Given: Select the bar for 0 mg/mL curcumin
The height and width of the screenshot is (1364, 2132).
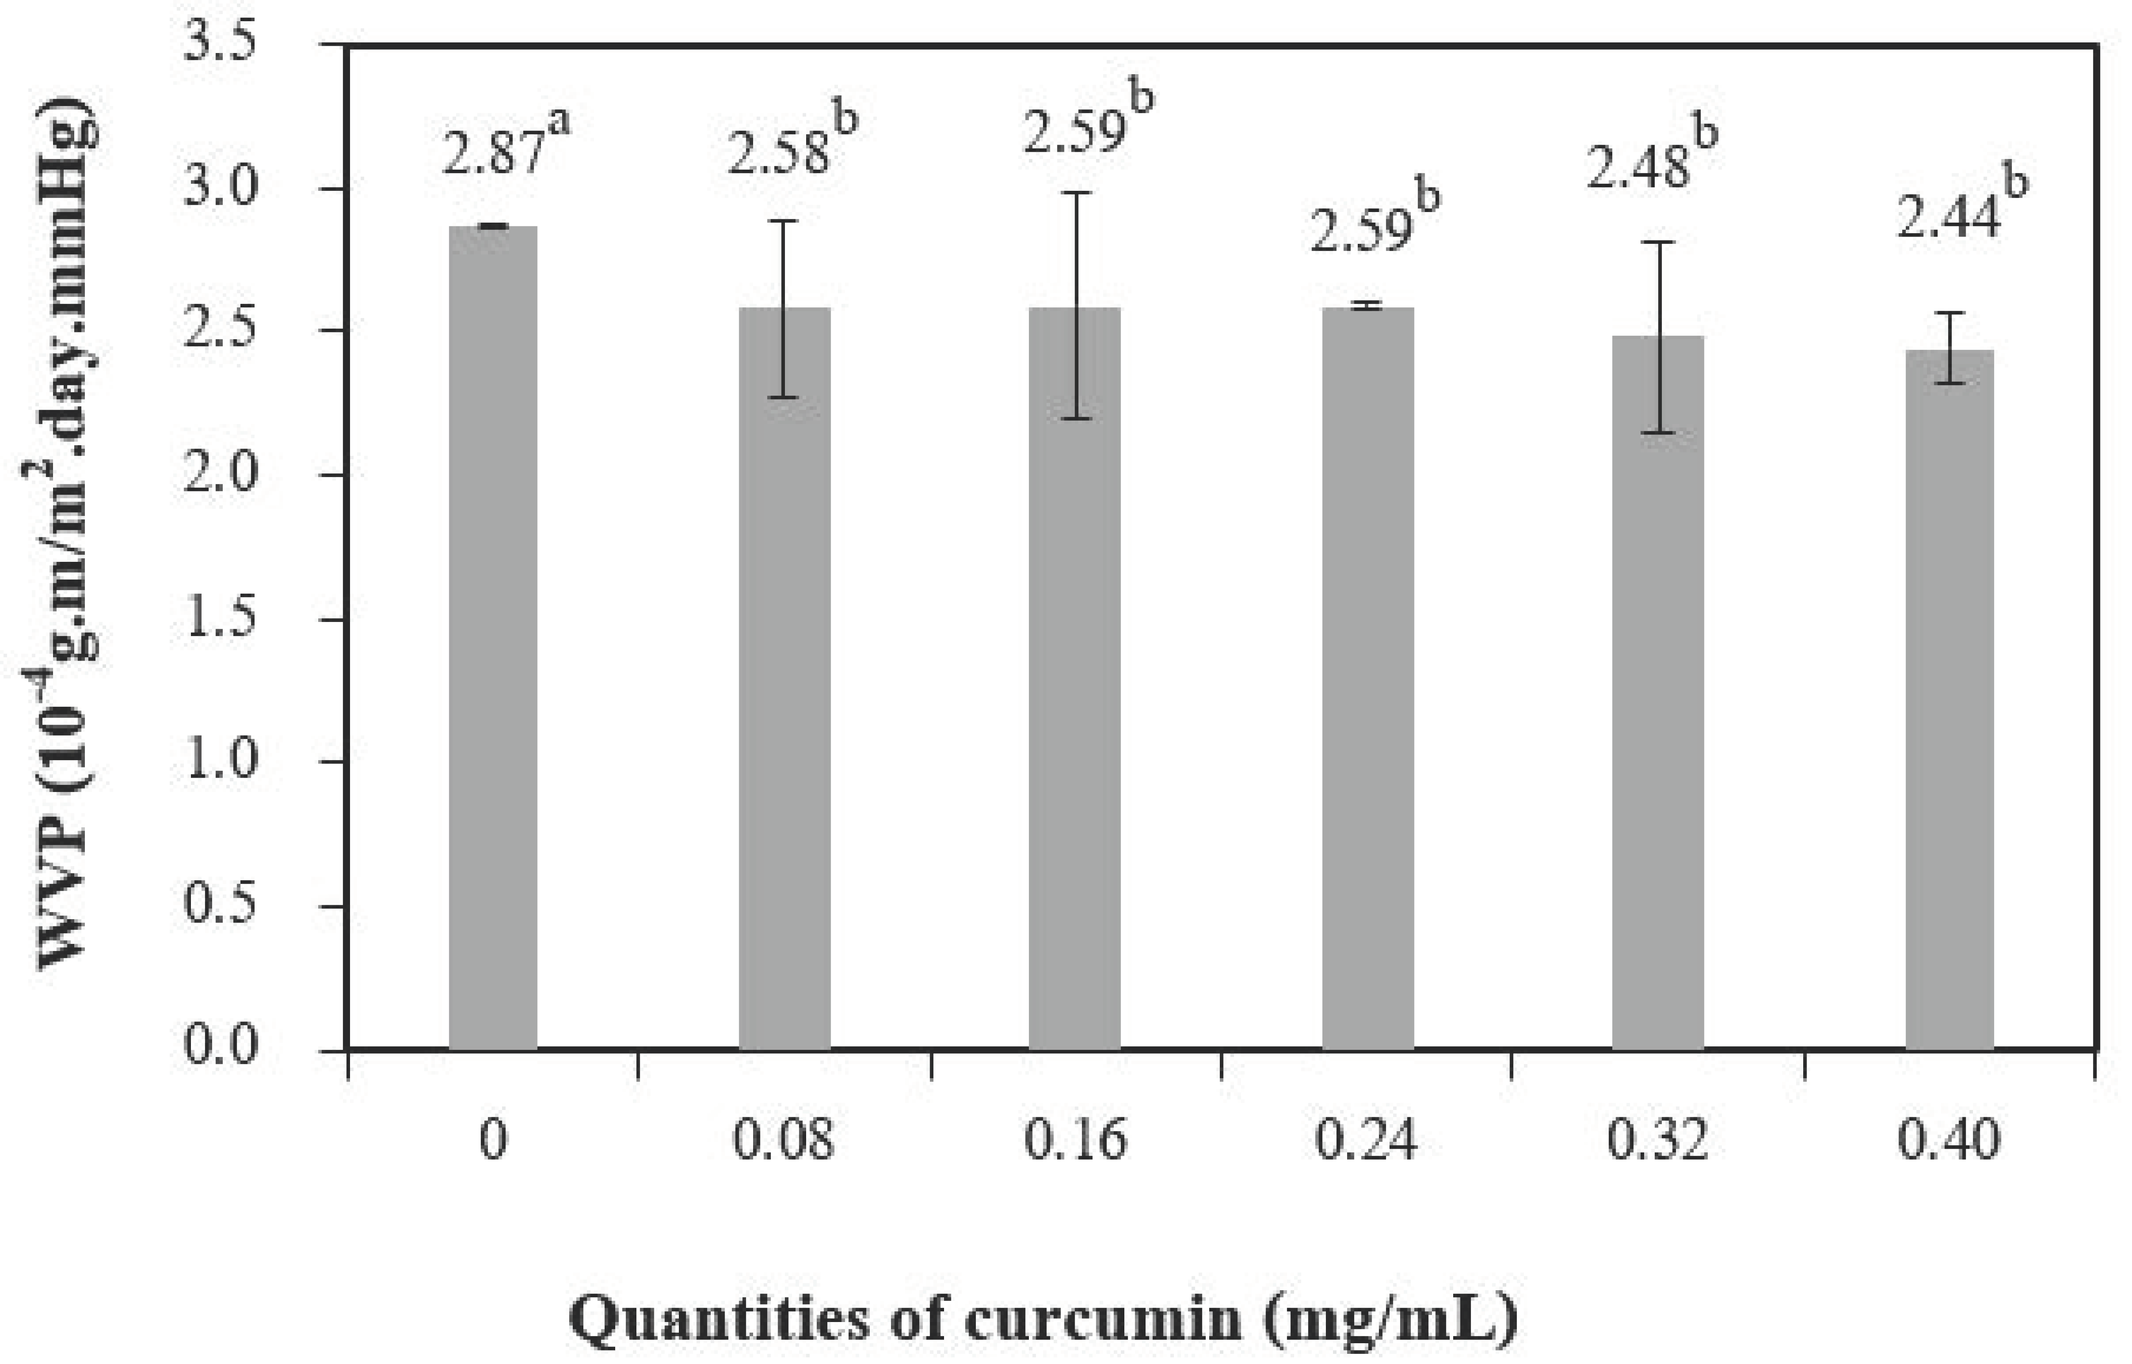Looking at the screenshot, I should (x=493, y=638).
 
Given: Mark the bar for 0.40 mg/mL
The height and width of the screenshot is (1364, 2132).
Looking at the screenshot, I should (x=1950, y=700).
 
